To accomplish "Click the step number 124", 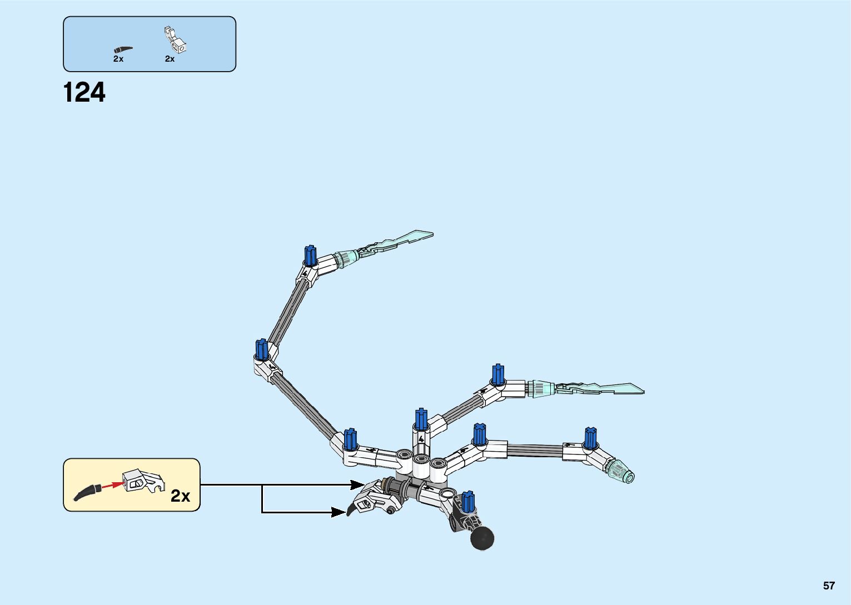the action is [x=84, y=93].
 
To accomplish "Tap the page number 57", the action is [x=829, y=586].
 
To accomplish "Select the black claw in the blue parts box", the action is [x=123, y=49].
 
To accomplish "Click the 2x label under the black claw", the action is [x=118, y=59].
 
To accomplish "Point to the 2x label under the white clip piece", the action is [x=170, y=59].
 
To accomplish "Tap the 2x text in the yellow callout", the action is [x=180, y=496].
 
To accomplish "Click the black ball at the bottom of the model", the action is [x=482, y=537].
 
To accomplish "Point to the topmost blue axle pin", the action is [x=310, y=256].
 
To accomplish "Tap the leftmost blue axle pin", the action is [x=262, y=349].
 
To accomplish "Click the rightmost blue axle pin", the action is [x=590, y=438].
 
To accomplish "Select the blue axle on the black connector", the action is [x=468, y=502].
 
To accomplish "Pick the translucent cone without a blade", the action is [x=620, y=471].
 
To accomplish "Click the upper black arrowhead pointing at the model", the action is [x=357, y=485].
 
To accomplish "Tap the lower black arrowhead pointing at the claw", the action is [x=337, y=512].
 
